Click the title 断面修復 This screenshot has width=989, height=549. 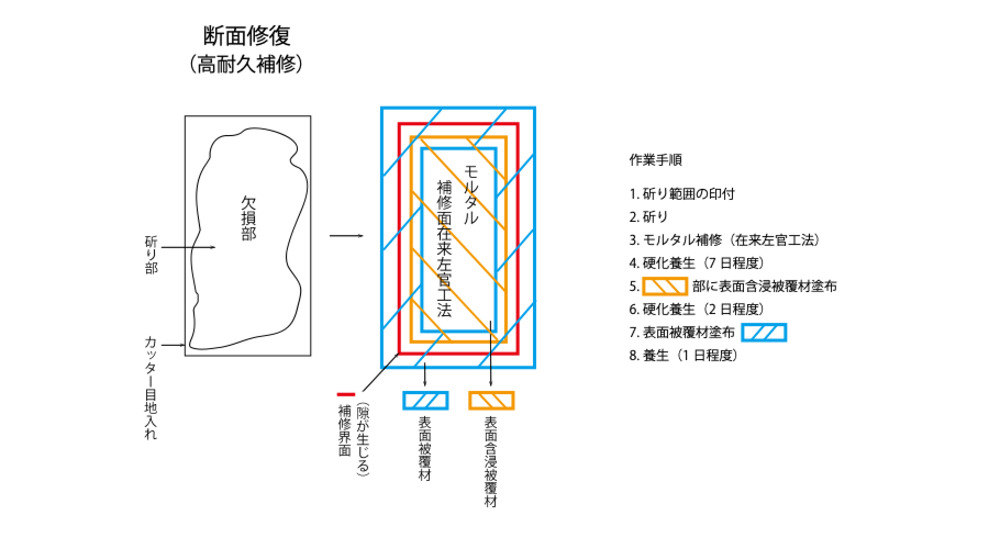click(x=247, y=37)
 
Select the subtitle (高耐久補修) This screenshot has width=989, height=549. click(x=247, y=65)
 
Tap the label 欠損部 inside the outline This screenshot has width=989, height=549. click(x=248, y=219)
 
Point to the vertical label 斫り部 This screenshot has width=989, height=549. click(x=151, y=255)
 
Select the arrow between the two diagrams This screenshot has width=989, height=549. click(x=346, y=236)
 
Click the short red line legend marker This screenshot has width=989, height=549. click(x=346, y=394)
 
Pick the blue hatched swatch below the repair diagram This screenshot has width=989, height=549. click(x=425, y=400)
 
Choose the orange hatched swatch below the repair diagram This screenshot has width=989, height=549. click(x=491, y=400)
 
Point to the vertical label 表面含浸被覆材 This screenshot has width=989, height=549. click(x=491, y=461)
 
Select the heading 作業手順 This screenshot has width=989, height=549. click(x=655, y=161)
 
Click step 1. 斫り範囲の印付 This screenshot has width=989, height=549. click(x=682, y=194)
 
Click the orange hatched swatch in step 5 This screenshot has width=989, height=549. click(x=665, y=286)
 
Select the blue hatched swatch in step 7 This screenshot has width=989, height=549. click(x=764, y=333)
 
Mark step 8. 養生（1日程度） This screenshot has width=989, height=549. click(x=684, y=356)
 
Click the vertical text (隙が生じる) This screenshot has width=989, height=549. click(x=363, y=439)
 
